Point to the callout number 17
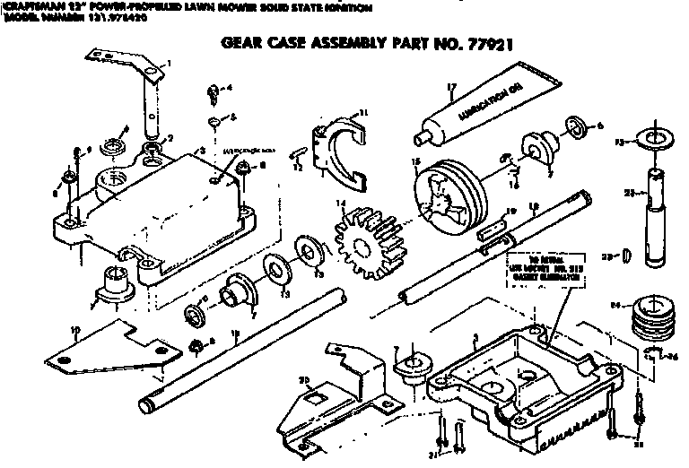pos(451,87)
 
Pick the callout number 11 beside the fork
pos(362,113)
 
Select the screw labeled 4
pos(214,91)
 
